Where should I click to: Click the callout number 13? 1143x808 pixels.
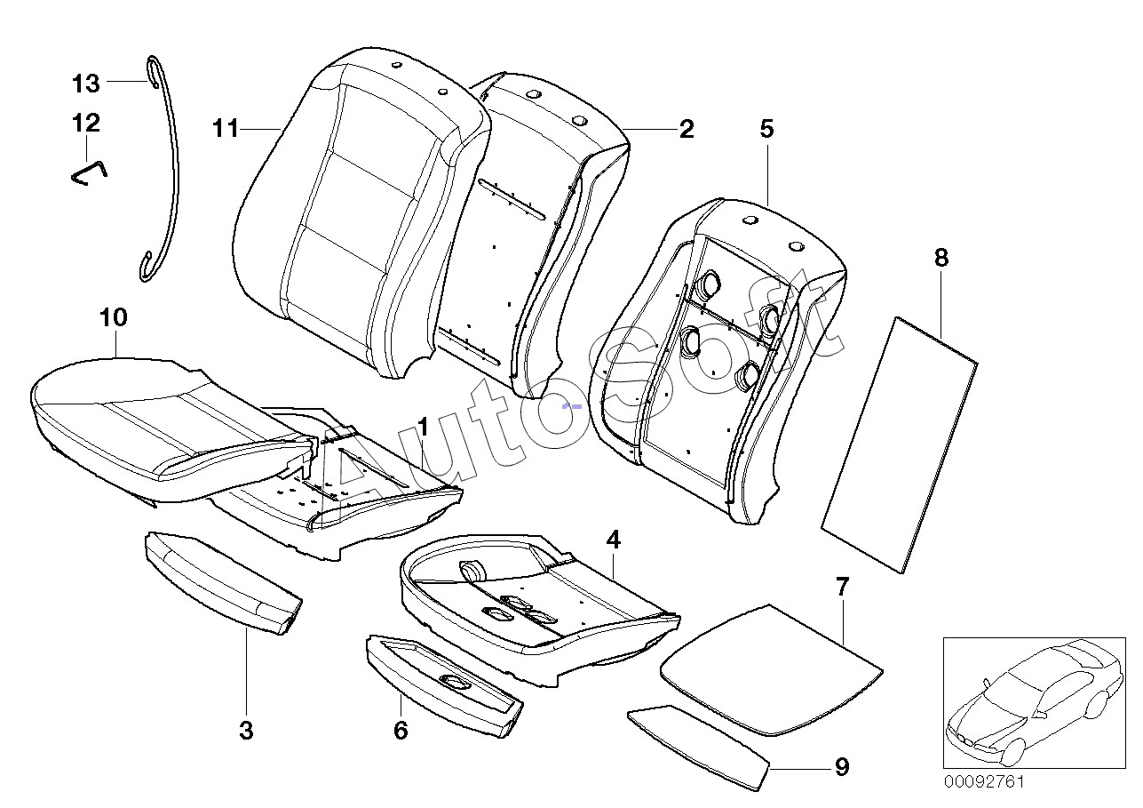86,84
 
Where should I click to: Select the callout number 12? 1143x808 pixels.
86,122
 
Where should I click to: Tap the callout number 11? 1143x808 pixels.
226,129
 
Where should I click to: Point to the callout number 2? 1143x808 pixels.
686,130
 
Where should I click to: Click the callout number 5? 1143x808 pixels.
766,130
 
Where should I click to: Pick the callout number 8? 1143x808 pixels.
941,259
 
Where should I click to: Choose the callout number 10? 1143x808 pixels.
115,317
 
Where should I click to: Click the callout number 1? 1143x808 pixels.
424,428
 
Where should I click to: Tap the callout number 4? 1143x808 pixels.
613,540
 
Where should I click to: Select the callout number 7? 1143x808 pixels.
842,587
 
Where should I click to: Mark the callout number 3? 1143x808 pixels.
246,732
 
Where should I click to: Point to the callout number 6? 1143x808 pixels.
401,731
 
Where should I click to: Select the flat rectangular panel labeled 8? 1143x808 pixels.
897,443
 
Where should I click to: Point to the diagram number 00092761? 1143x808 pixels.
983,782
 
